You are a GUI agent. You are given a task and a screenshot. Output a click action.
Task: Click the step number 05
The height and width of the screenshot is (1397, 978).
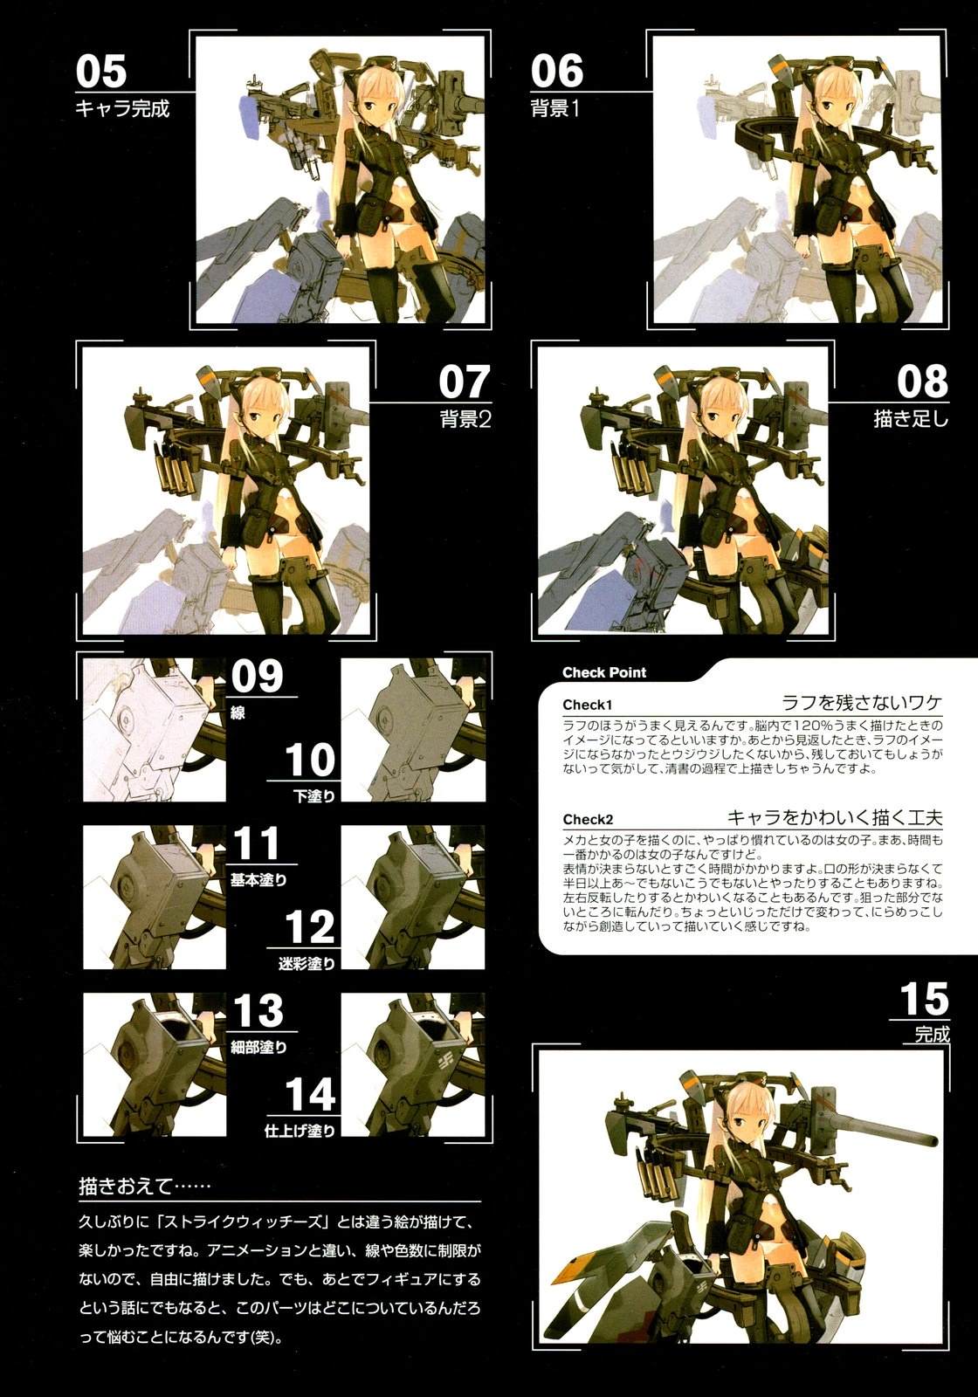(101, 71)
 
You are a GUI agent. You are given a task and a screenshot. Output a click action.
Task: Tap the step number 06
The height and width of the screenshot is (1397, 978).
(557, 71)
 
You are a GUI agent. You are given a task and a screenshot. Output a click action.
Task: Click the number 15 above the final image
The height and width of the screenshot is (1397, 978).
(924, 999)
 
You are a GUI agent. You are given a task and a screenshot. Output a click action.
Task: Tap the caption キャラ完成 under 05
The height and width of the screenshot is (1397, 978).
(122, 109)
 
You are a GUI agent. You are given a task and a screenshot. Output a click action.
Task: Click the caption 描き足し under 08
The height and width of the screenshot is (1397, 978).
(911, 418)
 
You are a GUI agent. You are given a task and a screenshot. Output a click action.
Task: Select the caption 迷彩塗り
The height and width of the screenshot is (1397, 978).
(306, 964)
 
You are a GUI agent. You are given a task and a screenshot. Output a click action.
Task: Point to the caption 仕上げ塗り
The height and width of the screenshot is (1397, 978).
(300, 1131)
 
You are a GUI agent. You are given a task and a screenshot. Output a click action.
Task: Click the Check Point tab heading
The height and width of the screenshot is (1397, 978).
(603, 672)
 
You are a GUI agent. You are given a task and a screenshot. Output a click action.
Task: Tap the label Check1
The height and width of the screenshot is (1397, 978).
(587, 705)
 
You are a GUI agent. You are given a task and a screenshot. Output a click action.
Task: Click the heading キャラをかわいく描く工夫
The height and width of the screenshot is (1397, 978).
(835, 817)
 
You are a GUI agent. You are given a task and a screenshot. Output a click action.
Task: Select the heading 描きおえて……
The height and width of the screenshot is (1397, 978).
(144, 1186)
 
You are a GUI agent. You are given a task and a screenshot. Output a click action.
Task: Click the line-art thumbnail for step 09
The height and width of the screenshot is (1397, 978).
(154, 730)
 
